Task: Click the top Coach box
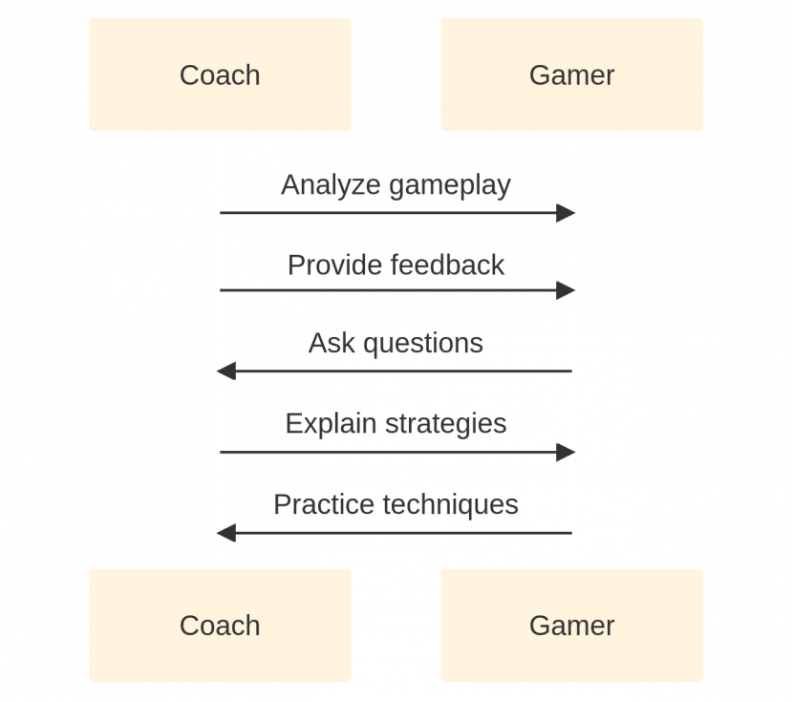tap(220, 74)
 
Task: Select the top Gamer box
tap(571, 74)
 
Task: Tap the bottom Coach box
tap(220, 626)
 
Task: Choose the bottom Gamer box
tap(571, 626)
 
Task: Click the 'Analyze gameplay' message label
tap(396, 185)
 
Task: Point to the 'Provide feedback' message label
tap(396, 265)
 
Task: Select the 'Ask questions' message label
tap(396, 343)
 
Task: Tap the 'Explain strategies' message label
tap(396, 423)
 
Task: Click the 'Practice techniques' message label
tap(396, 503)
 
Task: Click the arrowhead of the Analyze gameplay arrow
tap(566, 213)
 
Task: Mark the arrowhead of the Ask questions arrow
tap(226, 372)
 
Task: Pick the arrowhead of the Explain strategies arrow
tap(566, 453)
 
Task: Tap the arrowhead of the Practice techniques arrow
tap(226, 533)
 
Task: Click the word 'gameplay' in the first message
tap(449, 185)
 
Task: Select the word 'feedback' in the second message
tap(447, 265)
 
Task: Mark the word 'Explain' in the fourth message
tap(330, 423)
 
